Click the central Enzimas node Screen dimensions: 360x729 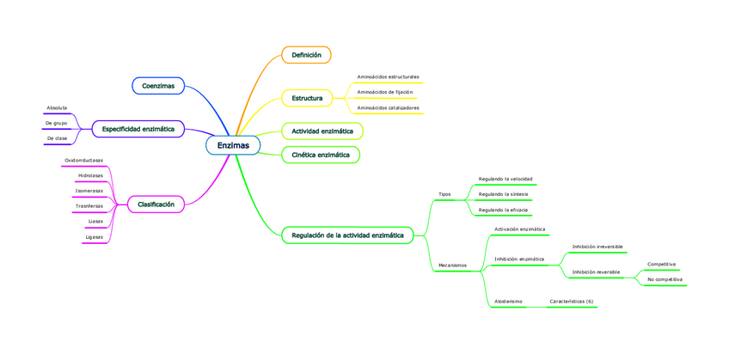[x=233, y=145]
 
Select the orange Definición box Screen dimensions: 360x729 [x=306, y=55]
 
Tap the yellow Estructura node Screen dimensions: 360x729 [x=307, y=98]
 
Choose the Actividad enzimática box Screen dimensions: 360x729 [x=322, y=131]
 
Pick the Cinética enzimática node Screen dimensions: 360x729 [x=321, y=155]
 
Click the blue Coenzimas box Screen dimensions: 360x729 [x=158, y=86]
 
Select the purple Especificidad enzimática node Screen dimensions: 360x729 [x=138, y=129]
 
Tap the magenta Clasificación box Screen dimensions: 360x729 [x=156, y=204]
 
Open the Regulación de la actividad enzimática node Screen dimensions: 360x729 [x=347, y=235]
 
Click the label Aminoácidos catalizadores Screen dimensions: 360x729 [x=388, y=107]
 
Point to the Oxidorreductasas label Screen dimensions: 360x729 [x=83, y=161]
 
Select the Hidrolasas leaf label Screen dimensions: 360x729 [x=90, y=175]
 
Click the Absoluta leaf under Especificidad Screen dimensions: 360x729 [x=57, y=108]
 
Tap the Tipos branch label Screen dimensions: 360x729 [x=444, y=194]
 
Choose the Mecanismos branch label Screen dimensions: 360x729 [x=452, y=265]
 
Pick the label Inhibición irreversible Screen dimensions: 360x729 [x=597, y=247]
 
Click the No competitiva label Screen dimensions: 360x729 [x=665, y=279]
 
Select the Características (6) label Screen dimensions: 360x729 [x=572, y=302]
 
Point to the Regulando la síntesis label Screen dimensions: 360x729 [x=504, y=194]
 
